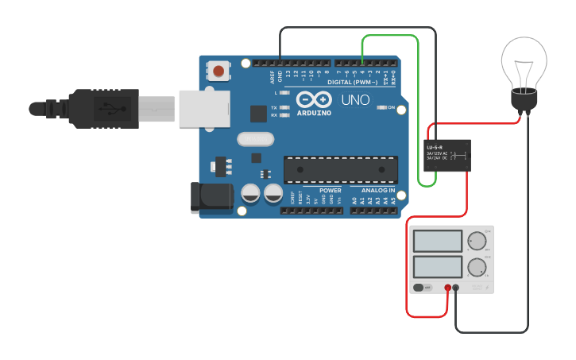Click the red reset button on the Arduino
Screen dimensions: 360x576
point(218,72)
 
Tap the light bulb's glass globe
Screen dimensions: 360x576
point(524,62)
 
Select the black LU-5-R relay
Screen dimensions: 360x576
point(447,154)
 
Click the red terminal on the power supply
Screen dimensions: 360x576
point(448,288)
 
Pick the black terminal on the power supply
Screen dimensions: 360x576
point(456,288)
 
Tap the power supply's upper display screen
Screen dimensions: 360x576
point(438,241)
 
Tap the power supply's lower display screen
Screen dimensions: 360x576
point(438,266)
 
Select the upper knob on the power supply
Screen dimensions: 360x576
point(477,240)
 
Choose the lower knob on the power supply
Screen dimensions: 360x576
point(477,266)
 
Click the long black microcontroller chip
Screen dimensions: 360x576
point(341,169)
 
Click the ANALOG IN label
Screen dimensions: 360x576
point(378,191)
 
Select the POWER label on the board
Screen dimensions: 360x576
point(331,191)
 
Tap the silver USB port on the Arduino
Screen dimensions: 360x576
point(204,108)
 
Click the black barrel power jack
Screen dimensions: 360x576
point(211,198)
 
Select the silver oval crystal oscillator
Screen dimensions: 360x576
point(255,140)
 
